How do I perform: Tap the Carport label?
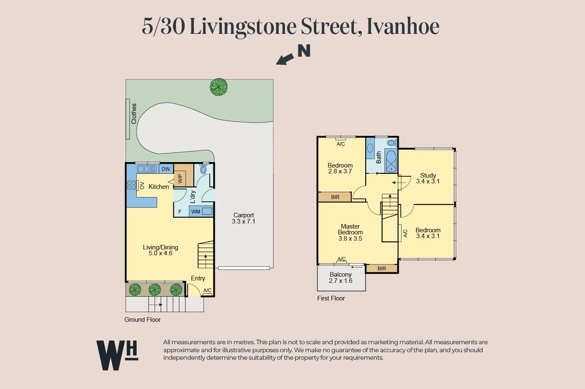coord(244,215)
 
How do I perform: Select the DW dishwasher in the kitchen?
coord(166,169)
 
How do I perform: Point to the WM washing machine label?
coord(196,212)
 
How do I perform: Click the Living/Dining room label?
coord(160,247)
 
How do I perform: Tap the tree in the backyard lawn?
coord(219,87)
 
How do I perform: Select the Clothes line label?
coord(134,114)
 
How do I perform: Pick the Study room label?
coord(428,175)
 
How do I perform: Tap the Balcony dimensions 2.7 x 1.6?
coord(341,281)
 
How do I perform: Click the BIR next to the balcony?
coord(382,269)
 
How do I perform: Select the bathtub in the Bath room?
coord(391,161)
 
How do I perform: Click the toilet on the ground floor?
coord(203,169)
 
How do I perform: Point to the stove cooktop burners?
coord(131,185)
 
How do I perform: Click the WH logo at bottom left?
coord(117,355)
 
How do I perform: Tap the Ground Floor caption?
coord(142,320)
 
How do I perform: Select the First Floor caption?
coord(331,298)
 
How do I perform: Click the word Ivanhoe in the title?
coord(403,26)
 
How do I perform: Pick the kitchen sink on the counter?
coord(147,169)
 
